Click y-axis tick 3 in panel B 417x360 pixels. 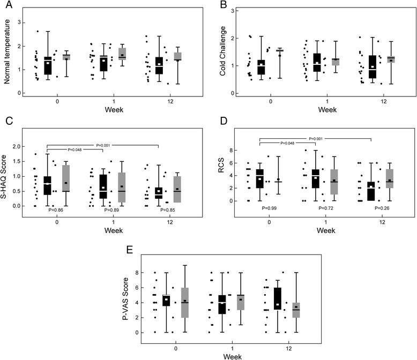pyautogui.click(x=229, y=11)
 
